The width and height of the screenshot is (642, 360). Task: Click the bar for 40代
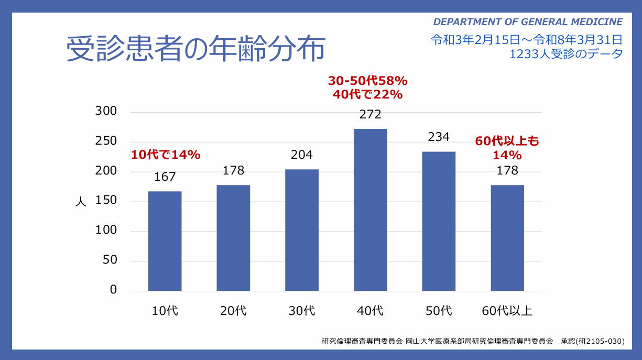[370, 210]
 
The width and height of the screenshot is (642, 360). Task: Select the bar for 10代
[165, 241]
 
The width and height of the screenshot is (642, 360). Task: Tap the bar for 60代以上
[507, 238]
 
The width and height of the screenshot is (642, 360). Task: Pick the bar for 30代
[302, 230]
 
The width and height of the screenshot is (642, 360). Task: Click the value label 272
[370, 115]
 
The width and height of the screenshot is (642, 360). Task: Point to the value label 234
[439, 137]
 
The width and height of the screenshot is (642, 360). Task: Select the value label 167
[165, 177]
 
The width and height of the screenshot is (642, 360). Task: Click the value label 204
[302, 155]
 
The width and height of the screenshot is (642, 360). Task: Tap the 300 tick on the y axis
[105, 112]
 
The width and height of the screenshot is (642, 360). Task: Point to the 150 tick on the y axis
[105, 201]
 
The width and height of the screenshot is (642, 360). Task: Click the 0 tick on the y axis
[113, 290]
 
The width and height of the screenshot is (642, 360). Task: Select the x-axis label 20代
[233, 311]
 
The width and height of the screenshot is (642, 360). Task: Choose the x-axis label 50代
[439, 311]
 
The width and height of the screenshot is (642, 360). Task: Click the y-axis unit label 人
[80, 202]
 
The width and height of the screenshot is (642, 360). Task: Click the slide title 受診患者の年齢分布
[195, 50]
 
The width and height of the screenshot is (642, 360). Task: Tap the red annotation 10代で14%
[166, 155]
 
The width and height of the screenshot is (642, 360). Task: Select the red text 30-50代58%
[367, 81]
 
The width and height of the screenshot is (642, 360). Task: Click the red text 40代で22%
[367, 95]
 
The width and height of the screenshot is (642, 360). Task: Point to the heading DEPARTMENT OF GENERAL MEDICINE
[528, 22]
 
